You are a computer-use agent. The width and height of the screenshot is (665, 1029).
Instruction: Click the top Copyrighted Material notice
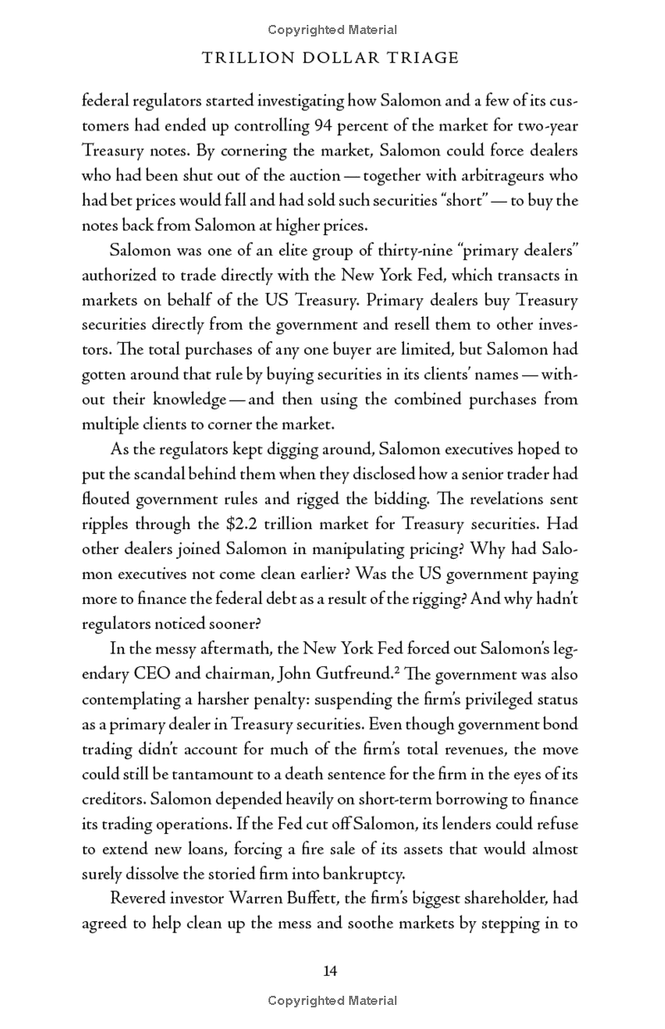click(332, 30)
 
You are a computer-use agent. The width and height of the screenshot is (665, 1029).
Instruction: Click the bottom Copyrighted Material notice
click(332, 1001)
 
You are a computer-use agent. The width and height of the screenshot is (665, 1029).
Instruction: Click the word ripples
click(106, 524)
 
